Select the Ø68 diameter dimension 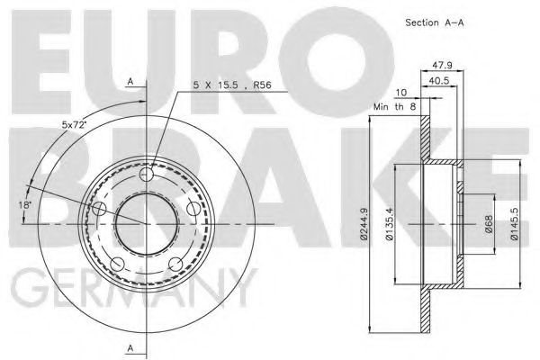click(x=487, y=222)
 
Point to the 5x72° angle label click(x=73, y=124)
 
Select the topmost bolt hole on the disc click(x=149, y=174)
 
